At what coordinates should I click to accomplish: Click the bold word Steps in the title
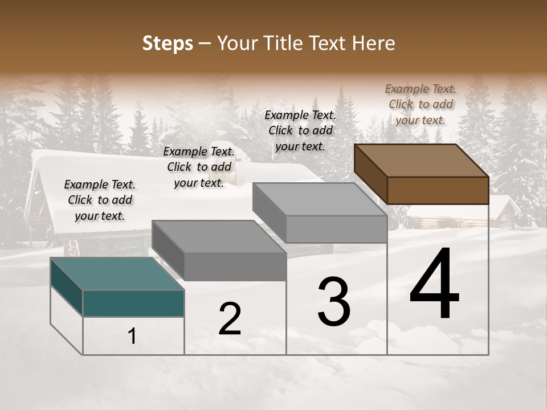click(168, 43)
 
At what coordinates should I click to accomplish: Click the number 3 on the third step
click(333, 302)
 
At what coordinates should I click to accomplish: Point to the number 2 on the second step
click(230, 319)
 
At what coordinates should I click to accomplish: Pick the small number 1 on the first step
click(132, 337)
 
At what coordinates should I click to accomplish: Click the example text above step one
click(100, 200)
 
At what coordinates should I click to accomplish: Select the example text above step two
click(199, 167)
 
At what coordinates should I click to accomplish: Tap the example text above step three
click(300, 130)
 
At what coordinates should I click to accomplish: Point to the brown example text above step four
click(421, 104)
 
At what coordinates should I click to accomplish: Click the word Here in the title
click(374, 43)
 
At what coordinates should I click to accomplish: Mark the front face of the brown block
click(438, 190)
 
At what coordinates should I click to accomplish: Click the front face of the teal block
click(133, 303)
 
